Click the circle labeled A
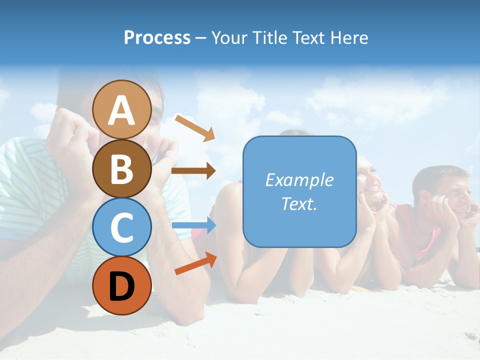coord(121,109)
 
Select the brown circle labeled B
coord(121,168)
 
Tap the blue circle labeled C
coord(121,227)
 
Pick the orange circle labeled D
coord(121,285)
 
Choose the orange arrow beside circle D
coord(195,263)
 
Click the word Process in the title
coord(157,37)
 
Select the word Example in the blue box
coord(299,180)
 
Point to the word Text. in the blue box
coord(299,203)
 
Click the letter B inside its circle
coord(121,169)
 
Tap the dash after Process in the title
coord(201,38)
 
